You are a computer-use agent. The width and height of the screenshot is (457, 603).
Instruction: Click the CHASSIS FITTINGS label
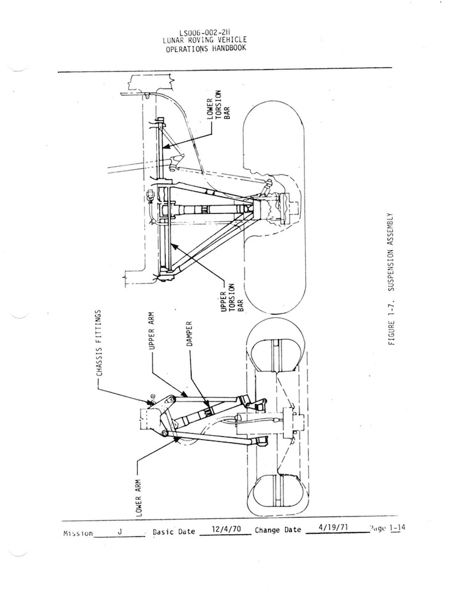click(x=99, y=343)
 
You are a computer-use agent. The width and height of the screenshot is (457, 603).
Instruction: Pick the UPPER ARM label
click(x=151, y=331)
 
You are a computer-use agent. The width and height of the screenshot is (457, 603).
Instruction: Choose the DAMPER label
click(x=190, y=334)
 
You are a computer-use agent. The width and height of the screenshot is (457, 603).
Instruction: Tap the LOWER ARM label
click(x=140, y=497)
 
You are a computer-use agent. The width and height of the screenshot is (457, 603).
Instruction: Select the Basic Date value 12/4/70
click(x=227, y=529)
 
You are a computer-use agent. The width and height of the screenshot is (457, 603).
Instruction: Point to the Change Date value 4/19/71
click(x=333, y=527)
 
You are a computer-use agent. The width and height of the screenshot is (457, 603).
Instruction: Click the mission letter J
click(x=120, y=532)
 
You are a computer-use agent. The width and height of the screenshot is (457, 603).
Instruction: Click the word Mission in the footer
click(x=78, y=533)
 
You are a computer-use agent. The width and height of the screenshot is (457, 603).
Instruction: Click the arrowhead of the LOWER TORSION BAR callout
click(x=164, y=147)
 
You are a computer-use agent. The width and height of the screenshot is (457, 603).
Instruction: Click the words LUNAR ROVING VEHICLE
click(x=205, y=40)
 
